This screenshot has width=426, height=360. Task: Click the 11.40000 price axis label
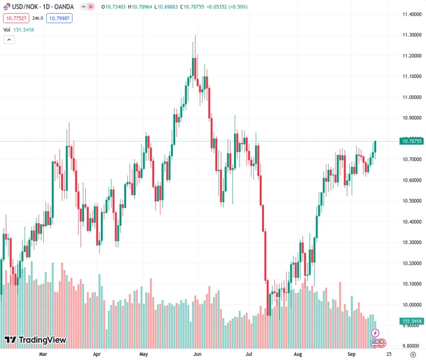[x=411, y=14]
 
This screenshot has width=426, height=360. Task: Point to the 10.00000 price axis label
[x=411, y=304]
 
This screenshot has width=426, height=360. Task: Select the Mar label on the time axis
[x=43, y=354]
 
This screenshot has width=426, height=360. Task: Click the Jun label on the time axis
[x=197, y=354]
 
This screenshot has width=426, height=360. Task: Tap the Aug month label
[x=298, y=354]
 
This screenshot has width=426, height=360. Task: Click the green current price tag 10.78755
[x=412, y=141]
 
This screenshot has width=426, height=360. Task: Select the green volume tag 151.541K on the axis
[x=412, y=321]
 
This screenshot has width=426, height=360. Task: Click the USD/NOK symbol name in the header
[x=27, y=7]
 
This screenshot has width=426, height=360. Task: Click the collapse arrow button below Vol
[x=9, y=40]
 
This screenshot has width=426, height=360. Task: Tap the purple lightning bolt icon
[x=376, y=332]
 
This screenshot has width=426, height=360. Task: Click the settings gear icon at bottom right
[x=413, y=354]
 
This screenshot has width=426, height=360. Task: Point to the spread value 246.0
[x=38, y=18]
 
